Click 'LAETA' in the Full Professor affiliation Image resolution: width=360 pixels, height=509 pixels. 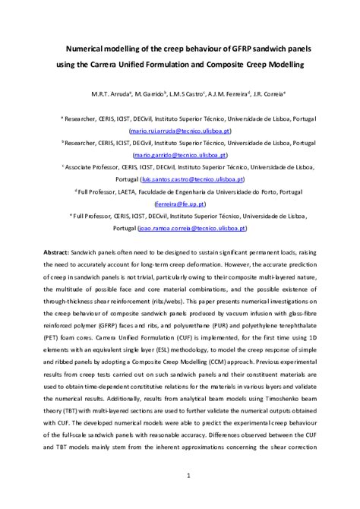pos(129,193)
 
